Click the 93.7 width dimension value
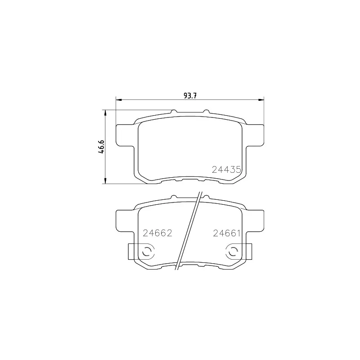tap(190, 95)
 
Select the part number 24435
tap(226, 170)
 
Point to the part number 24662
tap(157, 233)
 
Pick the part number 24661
tap(227, 233)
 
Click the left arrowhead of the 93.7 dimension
tap(119, 99)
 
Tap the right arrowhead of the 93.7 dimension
tap(261, 99)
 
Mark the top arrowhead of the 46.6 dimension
tap(105, 113)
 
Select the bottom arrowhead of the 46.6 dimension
tap(105, 180)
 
